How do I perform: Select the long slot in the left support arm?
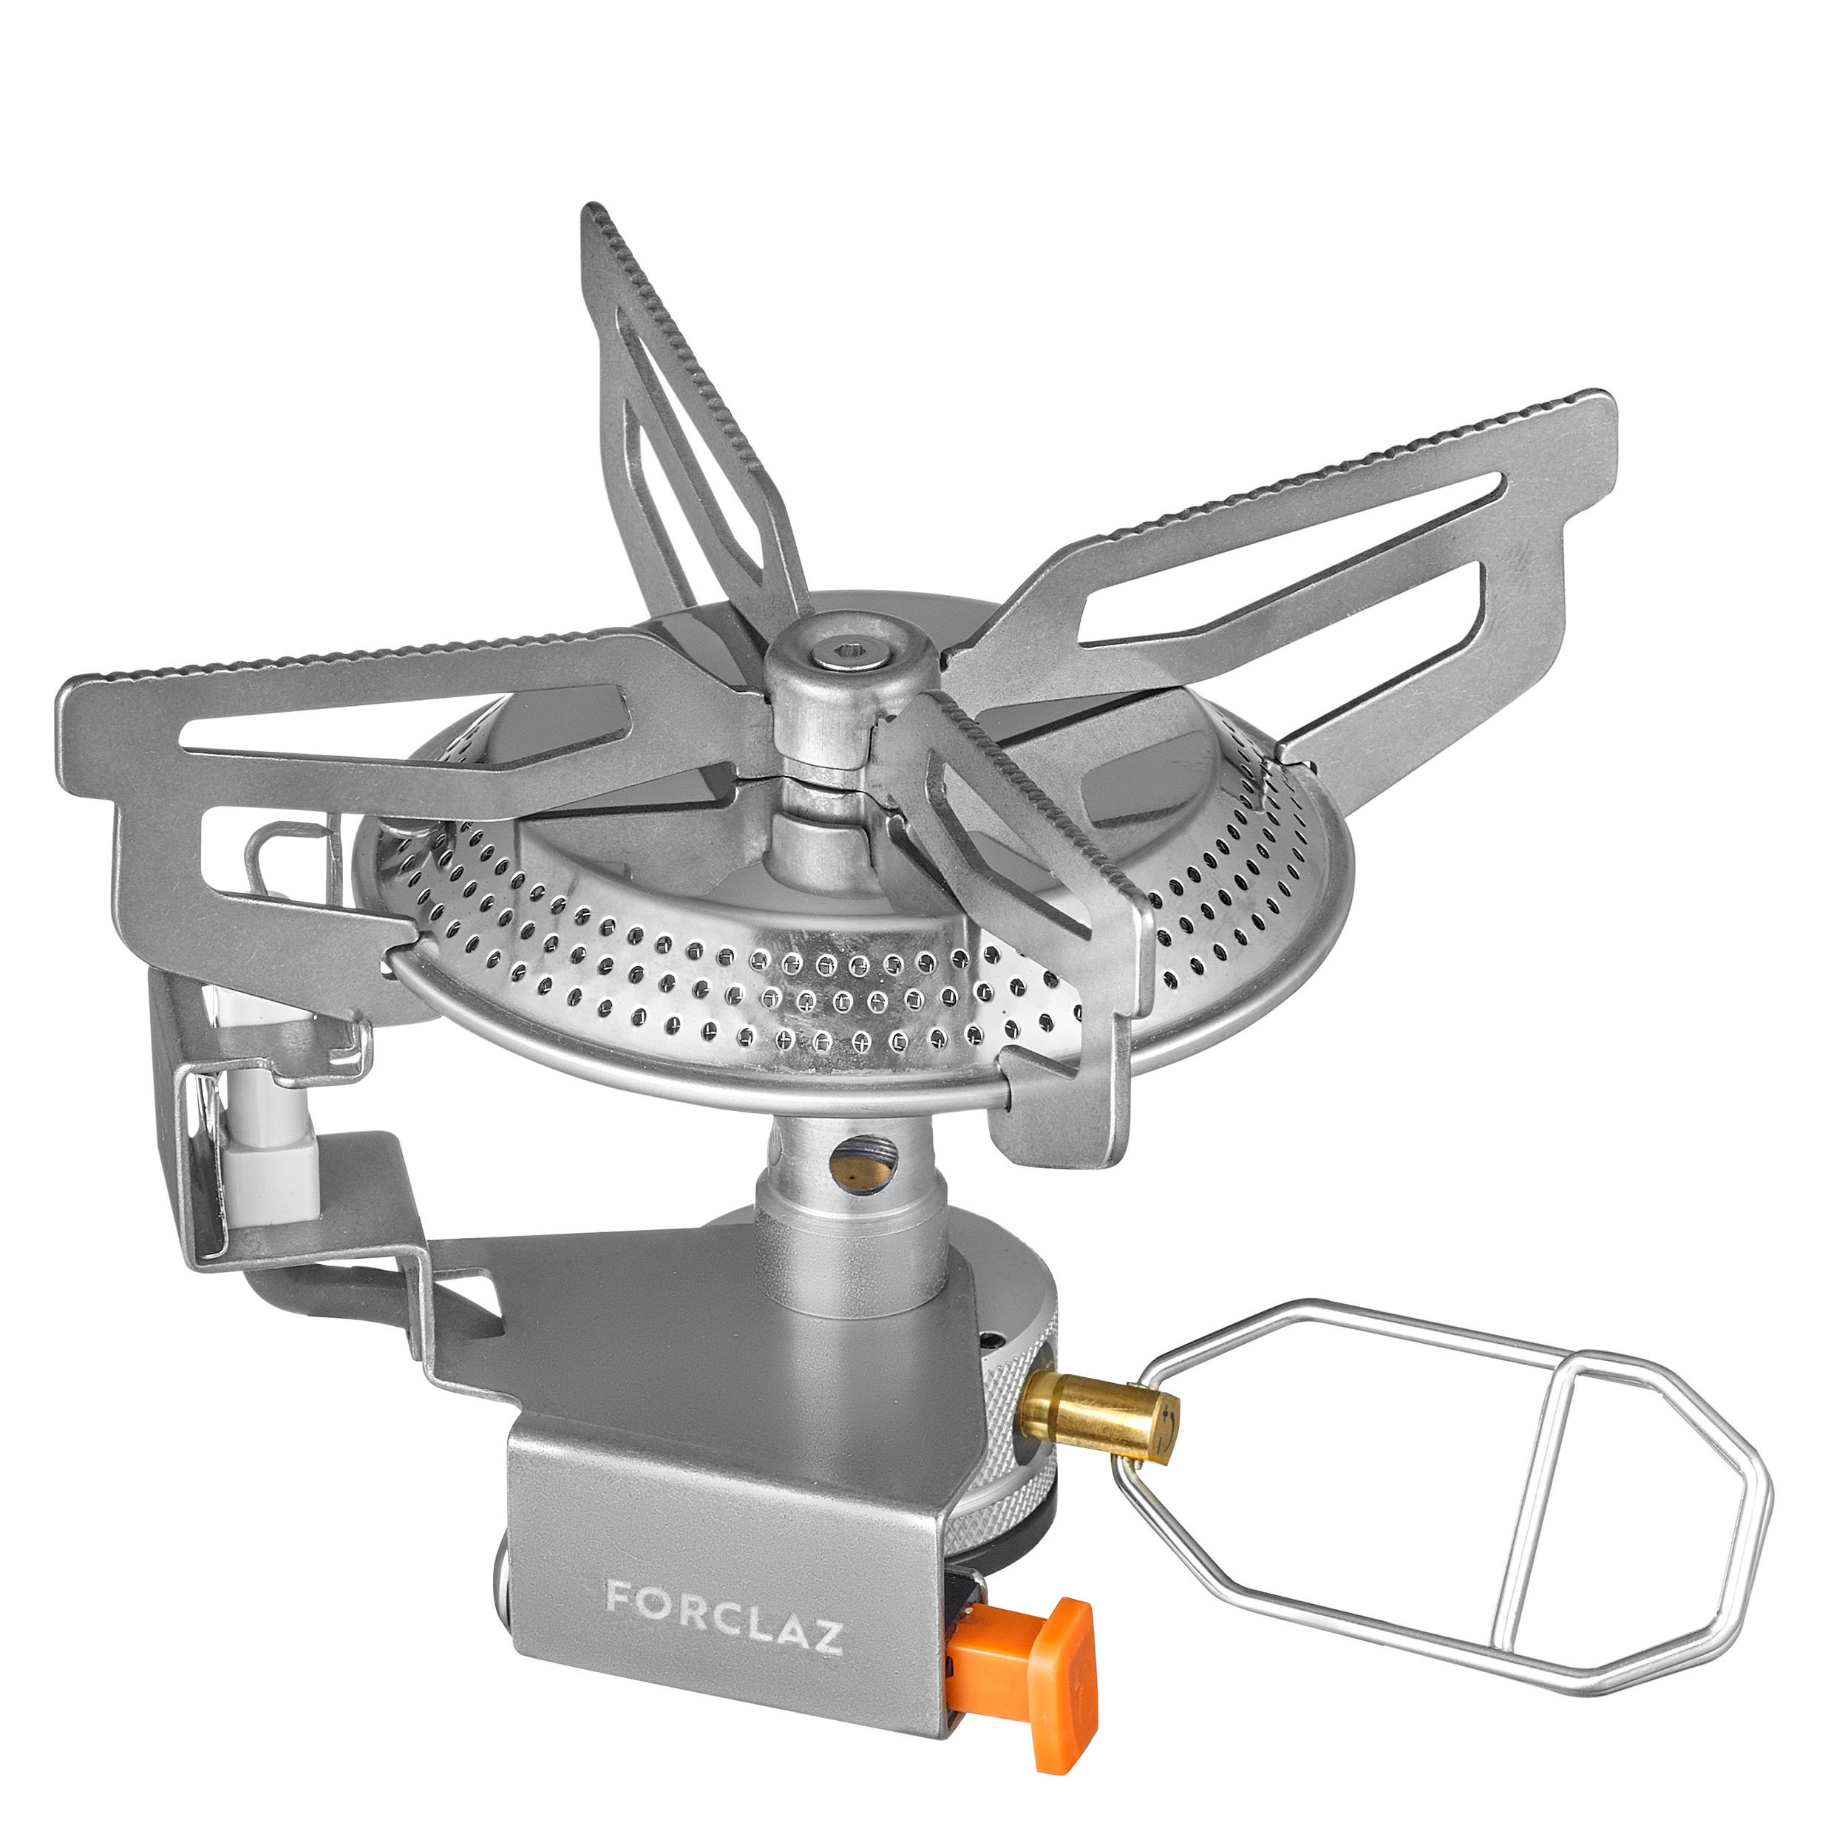tap(401, 727)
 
